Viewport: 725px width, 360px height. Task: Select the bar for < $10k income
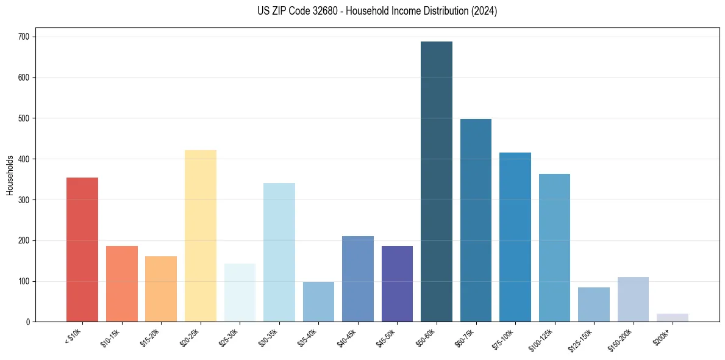[82, 250]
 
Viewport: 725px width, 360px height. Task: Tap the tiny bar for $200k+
[672, 318]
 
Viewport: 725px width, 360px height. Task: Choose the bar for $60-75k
[476, 220]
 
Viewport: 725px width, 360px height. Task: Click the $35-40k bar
[318, 301]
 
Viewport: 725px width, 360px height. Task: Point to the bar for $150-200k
[633, 300]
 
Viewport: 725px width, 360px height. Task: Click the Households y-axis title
[10, 175]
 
